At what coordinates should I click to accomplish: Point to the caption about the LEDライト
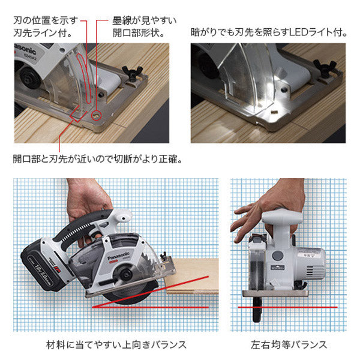coord(268,32)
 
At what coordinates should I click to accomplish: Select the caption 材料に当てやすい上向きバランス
coord(116,344)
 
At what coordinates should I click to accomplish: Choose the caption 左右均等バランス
coord(289,344)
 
